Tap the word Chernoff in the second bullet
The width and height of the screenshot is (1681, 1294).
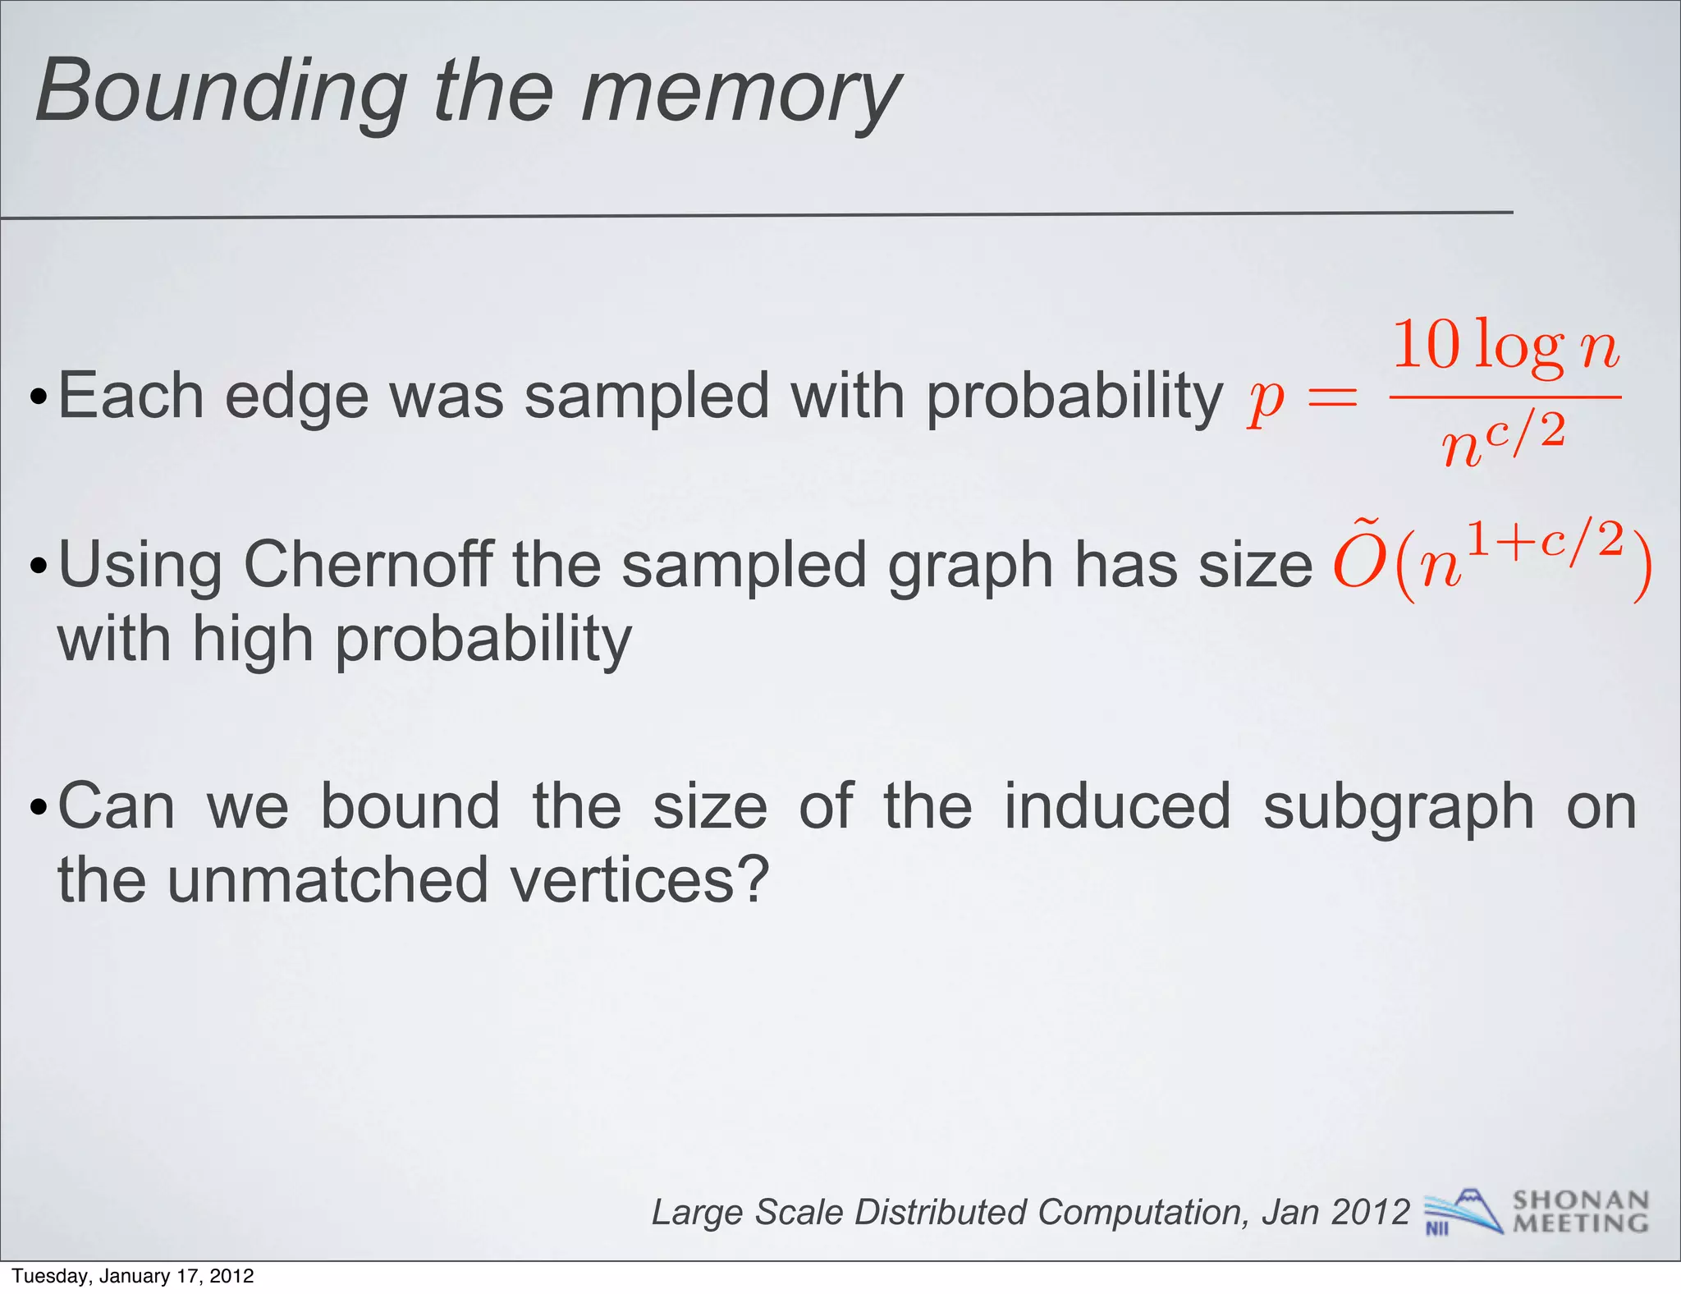tap(369, 566)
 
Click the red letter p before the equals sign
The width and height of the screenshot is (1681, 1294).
tap(1265, 400)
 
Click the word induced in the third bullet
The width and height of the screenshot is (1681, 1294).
tap(1117, 806)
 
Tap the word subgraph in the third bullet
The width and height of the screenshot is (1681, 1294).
tap(1398, 808)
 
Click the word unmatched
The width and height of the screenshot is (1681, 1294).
tap(329, 879)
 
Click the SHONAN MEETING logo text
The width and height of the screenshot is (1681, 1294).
tap(1580, 1212)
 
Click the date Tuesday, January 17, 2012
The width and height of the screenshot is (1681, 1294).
tap(133, 1276)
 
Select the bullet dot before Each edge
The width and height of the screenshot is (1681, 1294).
tap(38, 400)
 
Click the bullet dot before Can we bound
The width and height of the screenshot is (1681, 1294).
tap(38, 810)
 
